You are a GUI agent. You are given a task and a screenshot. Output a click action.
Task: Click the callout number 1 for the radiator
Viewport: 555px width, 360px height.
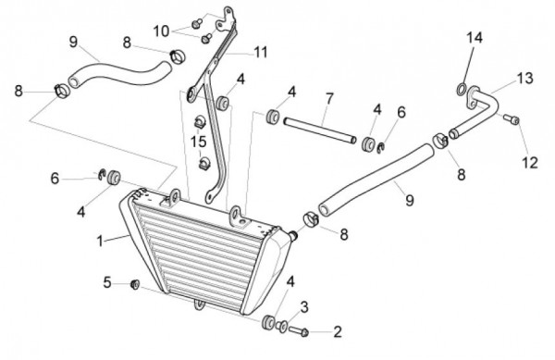pyautogui.click(x=100, y=241)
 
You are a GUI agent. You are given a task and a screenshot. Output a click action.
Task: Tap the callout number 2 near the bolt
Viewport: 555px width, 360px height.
pyautogui.click(x=338, y=332)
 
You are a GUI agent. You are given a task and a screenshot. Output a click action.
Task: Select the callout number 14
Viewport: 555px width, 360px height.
pyautogui.click(x=474, y=38)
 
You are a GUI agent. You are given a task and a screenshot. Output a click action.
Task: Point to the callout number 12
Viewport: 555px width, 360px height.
pyautogui.click(x=530, y=163)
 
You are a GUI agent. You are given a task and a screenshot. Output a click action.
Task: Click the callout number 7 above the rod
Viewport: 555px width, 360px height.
pyautogui.click(x=329, y=99)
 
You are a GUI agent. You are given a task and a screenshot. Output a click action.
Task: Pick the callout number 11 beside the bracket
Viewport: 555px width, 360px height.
pyautogui.click(x=261, y=53)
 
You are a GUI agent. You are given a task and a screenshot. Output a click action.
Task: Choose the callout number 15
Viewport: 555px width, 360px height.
pyautogui.click(x=198, y=142)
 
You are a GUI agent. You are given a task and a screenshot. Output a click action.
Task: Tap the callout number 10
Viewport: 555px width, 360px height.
pyautogui.click(x=161, y=31)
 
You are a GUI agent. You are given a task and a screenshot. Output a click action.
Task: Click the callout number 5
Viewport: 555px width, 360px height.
pyautogui.click(x=107, y=283)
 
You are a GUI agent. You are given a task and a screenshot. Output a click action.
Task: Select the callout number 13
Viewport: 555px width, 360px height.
pyautogui.click(x=524, y=79)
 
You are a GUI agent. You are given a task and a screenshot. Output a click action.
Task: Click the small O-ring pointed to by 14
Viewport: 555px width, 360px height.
pyautogui.click(x=461, y=89)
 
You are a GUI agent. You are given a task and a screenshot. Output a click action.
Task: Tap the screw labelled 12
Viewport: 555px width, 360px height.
pyautogui.click(x=512, y=119)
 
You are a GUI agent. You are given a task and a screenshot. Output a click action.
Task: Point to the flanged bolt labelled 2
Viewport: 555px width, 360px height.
pyautogui.click(x=299, y=331)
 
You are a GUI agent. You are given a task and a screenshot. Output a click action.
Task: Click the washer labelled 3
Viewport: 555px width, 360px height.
pyautogui.click(x=282, y=326)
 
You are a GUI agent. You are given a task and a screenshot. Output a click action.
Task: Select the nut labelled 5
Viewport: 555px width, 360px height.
pyautogui.click(x=135, y=284)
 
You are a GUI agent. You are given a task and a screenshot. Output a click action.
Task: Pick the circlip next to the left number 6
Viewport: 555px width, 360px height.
pyautogui.click(x=102, y=174)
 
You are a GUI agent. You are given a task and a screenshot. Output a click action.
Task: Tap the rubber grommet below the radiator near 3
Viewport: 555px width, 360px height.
pyautogui.click(x=268, y=322)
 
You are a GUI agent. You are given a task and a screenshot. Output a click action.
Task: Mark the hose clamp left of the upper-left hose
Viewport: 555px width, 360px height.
pyautogui.click(x=62, y=92)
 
